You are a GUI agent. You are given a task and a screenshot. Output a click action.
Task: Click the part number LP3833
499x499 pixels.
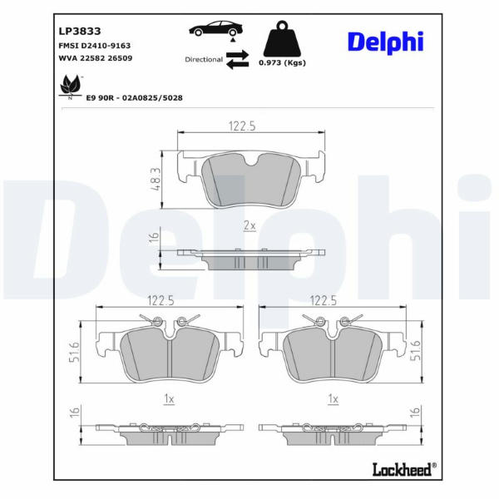tap(80, 32)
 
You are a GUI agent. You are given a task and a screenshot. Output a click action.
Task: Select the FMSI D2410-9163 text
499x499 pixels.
tap(95, 46)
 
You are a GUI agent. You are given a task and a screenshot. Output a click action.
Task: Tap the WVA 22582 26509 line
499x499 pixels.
tap(96, 58)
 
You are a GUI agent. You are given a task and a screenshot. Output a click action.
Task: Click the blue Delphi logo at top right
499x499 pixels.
tap(385, 42)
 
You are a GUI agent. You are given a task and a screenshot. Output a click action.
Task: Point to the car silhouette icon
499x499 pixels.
tap(216, 28)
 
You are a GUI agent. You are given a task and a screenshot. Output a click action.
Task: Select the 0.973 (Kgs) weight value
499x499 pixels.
tap(282, 62)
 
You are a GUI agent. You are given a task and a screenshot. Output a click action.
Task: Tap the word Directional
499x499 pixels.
tap(204, 60)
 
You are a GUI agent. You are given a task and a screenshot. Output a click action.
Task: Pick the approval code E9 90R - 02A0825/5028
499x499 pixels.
tap(134, 97)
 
